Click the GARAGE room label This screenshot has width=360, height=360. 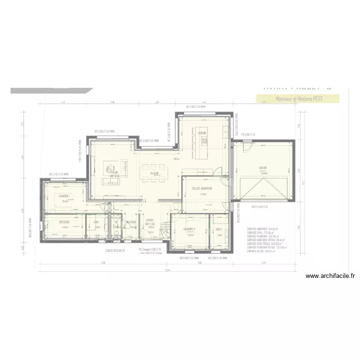point(263,168)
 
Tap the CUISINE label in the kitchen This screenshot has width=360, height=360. point(202,133)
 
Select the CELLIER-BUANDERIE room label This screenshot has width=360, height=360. point(203,188)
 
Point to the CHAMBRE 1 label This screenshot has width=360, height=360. point(64,196)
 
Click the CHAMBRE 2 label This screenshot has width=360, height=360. point(190,229)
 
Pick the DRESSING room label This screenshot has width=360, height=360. point(64,222)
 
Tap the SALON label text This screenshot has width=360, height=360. point(114,172)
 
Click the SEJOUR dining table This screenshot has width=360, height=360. point(154,173)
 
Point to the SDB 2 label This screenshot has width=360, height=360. point(219,229)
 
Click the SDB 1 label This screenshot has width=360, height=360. point(96,222)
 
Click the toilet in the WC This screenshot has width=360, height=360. point(117,234)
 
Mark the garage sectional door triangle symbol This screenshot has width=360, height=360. point(263,189)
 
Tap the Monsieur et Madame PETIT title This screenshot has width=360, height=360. point(299,99)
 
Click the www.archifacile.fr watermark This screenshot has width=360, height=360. point(330,276)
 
